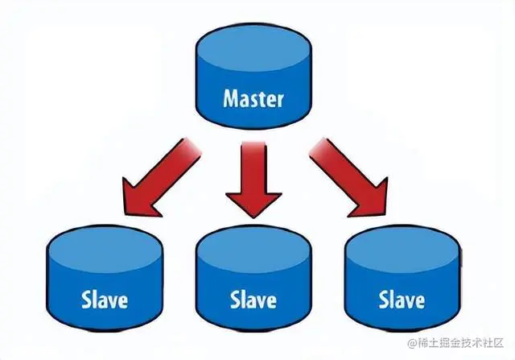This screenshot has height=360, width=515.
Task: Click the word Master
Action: (253, 101)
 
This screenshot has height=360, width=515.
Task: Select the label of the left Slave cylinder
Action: (105, 301)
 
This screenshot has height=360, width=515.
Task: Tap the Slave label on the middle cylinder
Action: (253, 301)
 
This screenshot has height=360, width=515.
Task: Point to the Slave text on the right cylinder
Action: (402, 301)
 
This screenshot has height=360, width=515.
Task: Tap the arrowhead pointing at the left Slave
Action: (134, 197)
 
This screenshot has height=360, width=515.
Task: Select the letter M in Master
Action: (229, 101)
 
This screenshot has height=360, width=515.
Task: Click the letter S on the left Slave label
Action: (85, 301)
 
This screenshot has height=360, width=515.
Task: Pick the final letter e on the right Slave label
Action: (419, 302)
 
